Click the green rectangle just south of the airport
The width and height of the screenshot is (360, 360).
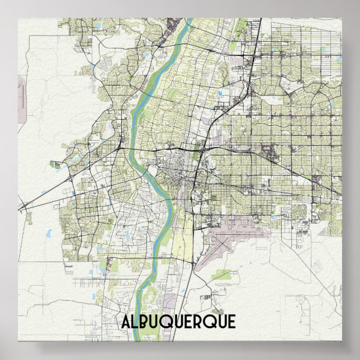(x=222, y=274)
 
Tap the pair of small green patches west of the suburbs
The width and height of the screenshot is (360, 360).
(x=56, y=165)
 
